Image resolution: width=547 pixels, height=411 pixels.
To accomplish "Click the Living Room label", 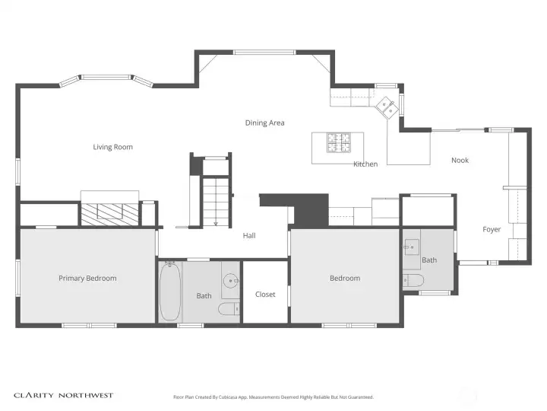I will pos(112,147).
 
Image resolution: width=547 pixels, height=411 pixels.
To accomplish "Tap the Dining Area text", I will pos(264,123).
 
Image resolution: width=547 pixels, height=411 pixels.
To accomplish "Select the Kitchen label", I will pos(365,164).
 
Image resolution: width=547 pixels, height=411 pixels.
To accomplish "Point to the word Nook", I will pos(460,160).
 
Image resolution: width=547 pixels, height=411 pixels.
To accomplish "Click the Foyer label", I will pos(492,229).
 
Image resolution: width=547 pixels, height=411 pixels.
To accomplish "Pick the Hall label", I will pos(249,235).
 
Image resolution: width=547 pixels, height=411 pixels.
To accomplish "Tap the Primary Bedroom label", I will pos(87,279).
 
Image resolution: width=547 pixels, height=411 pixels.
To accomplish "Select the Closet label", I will pos(265,295).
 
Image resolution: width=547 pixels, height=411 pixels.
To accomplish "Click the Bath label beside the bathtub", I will pos(204,296).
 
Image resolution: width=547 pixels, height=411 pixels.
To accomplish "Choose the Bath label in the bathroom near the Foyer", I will pos(429,260).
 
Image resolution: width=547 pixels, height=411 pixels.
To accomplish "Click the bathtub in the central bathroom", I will pos(169,292).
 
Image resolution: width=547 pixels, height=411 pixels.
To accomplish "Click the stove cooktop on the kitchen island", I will pos(339,142).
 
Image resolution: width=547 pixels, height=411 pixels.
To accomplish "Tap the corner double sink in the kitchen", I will pos(387,107).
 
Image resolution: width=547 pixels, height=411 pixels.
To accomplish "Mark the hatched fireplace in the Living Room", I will pos(110,213).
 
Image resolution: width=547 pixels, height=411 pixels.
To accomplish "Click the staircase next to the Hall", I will pos(215,200).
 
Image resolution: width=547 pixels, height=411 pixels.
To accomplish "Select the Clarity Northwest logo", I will pos(64,396).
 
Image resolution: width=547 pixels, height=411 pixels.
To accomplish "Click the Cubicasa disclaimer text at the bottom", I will pos(273,397).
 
